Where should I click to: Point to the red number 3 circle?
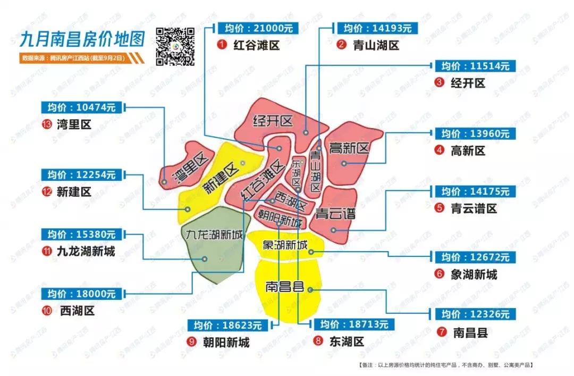439,82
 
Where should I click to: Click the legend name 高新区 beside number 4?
468,151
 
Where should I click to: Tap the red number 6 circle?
439,274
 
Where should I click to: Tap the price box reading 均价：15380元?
81,234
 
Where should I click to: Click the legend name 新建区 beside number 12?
74,191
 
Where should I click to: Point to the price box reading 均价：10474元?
81,107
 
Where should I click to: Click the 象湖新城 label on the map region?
285,246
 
